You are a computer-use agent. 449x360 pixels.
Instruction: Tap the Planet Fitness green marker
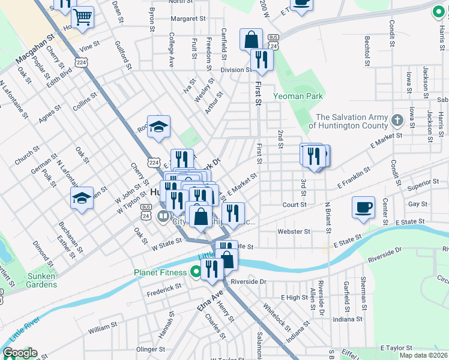pyautogui.click(x=195, y=272)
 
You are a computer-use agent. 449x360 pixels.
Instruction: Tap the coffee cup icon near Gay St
pyautogui.click(x=363, y=208)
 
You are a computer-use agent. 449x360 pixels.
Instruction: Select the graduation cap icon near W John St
pyautogui.click(x=82, y=197)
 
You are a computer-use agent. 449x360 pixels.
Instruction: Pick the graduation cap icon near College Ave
pyautogui.click(x=158, y=126)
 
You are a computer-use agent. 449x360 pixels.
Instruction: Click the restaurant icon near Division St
pyautogui.click(x=261, y=59)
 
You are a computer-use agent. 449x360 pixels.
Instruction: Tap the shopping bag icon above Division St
pyautogui.click(x=252, y=40)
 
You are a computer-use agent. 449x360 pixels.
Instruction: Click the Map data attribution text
pyautogui.click(x=423, y=355)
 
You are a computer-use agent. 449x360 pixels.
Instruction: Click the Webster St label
pyautogui.click(x=294, y=231)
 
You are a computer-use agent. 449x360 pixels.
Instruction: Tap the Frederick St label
pyautogui.click(x=164, y=288)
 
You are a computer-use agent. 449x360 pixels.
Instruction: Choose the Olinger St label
pyautogui.click(x=151, y=349)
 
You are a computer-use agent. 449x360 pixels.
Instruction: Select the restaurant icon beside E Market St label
pyautogui.click(x=232, y=212)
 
